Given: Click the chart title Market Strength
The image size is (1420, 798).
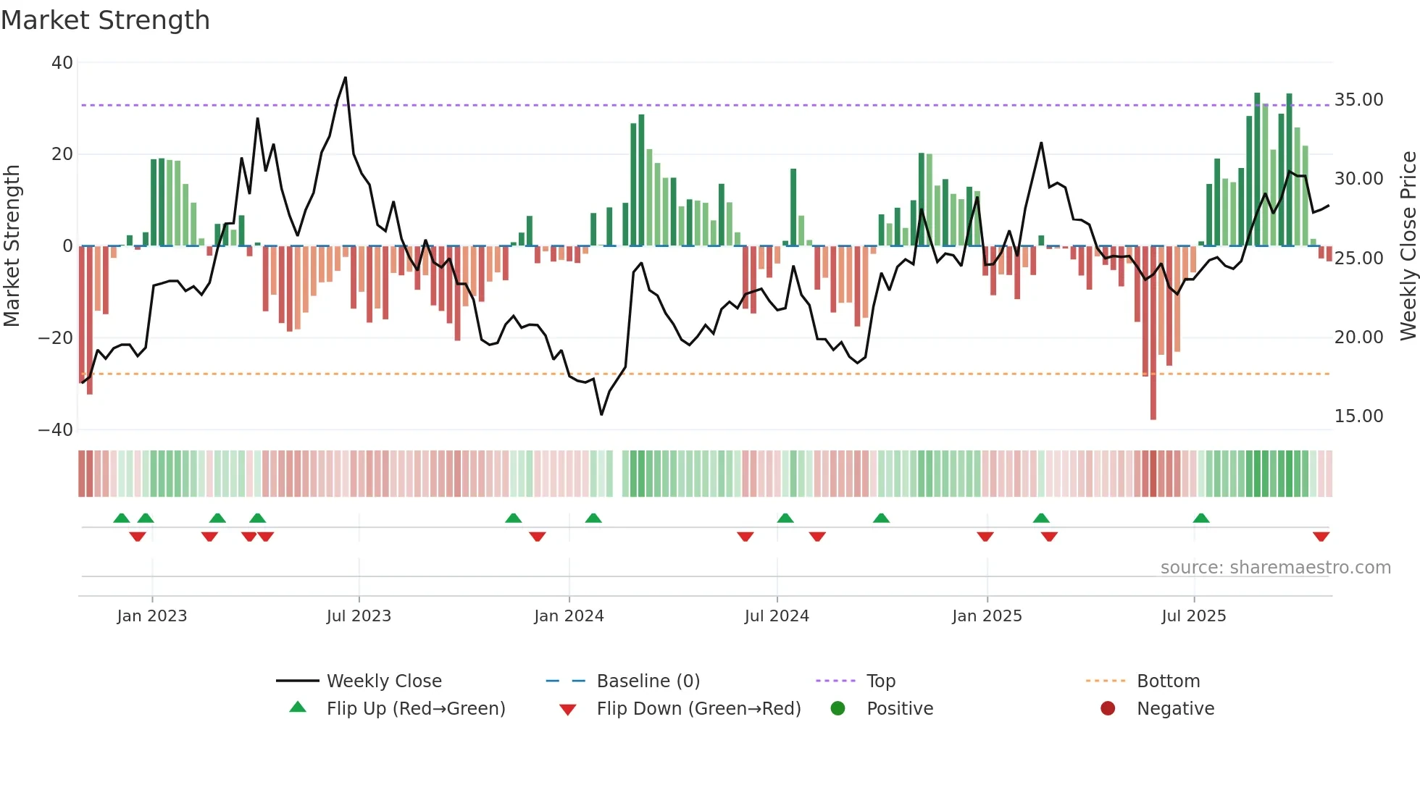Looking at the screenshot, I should pos(105,20).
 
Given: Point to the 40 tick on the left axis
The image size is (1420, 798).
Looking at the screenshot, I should pos(62,63).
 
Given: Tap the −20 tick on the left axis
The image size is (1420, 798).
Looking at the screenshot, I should pos(56,338).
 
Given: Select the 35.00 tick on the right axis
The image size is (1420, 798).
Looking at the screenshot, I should pos(1358,100).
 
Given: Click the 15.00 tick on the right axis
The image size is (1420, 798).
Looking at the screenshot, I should pos(1358,416).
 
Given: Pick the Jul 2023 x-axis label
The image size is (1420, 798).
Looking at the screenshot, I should pos(359,616).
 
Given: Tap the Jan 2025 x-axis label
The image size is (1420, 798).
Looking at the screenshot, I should pos(987,616).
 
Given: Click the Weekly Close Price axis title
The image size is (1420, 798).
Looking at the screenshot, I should pos(1408,246).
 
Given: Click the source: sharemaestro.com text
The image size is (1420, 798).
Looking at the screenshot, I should pos(1275,568).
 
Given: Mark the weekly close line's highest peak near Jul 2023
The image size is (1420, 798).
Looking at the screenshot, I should pos(346,77).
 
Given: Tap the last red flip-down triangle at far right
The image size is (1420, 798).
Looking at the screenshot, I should pos(1321,537).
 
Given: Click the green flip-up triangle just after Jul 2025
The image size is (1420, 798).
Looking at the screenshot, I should pos(1201,518).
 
